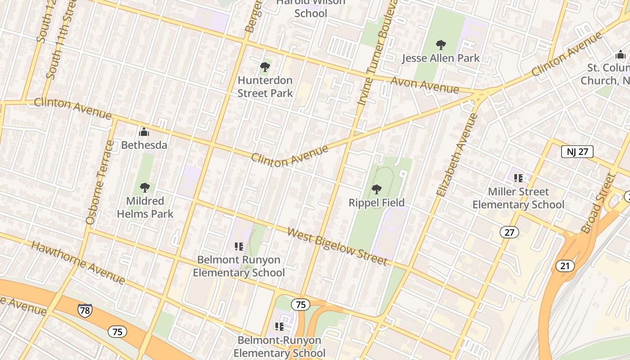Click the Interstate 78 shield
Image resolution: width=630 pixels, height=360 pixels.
[84, 310]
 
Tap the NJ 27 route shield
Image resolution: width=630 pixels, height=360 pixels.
[577, 152]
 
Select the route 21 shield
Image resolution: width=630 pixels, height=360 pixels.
[565, 266]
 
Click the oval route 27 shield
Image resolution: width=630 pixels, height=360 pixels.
[509, 232]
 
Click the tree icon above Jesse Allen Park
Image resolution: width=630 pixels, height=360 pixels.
[441, 45]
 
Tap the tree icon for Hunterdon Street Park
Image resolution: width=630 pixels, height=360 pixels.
[265, 67]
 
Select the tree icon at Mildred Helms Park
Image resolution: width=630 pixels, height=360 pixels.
[144, 188]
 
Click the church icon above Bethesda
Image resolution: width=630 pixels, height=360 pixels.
[144, 132]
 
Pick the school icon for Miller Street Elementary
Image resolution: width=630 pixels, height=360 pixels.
[518, 178]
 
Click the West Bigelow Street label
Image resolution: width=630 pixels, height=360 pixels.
[337, 247]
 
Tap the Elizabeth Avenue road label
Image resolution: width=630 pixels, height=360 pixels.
[457, 154]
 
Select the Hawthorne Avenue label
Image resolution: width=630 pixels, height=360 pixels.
[78, 263]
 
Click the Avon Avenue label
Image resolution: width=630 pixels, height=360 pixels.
[425, 85]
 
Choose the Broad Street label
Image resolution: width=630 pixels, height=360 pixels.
[598, 203]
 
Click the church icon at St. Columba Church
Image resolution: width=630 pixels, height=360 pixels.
[621, 55]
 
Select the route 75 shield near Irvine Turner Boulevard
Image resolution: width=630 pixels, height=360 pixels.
[301, 305]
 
